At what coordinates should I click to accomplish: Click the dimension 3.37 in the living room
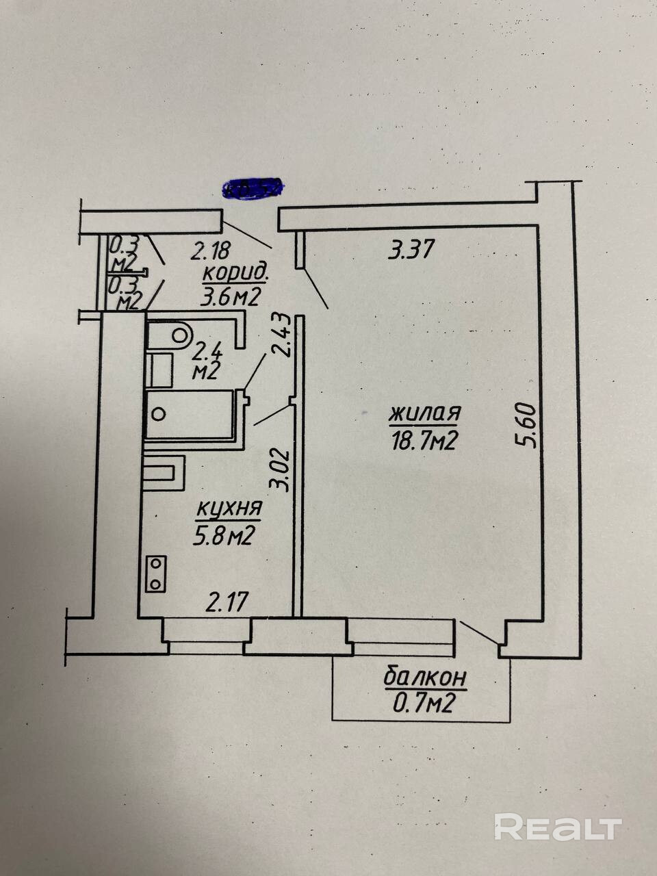click(x=411, y=249)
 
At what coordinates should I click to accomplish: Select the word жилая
click(x=424, y=414)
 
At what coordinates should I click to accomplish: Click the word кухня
click(x=229, y=509)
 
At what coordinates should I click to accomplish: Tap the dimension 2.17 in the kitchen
click(x=227, y=602)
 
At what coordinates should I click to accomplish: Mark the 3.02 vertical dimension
click(x=278, y=469)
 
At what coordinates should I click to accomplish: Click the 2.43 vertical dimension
click(x=281, y=334)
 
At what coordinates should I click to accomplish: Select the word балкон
click(x=425, y=678)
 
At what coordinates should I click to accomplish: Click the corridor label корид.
click(x=235, y=273)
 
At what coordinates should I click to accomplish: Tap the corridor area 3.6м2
click(x=233, y=297)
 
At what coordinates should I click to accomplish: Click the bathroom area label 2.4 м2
click(x=205, y=362)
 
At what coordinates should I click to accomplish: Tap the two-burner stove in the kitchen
click(x=157, y=574)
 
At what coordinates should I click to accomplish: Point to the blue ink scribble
click(x=253, y=188)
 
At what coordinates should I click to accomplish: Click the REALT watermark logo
click(x=558, y=827)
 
